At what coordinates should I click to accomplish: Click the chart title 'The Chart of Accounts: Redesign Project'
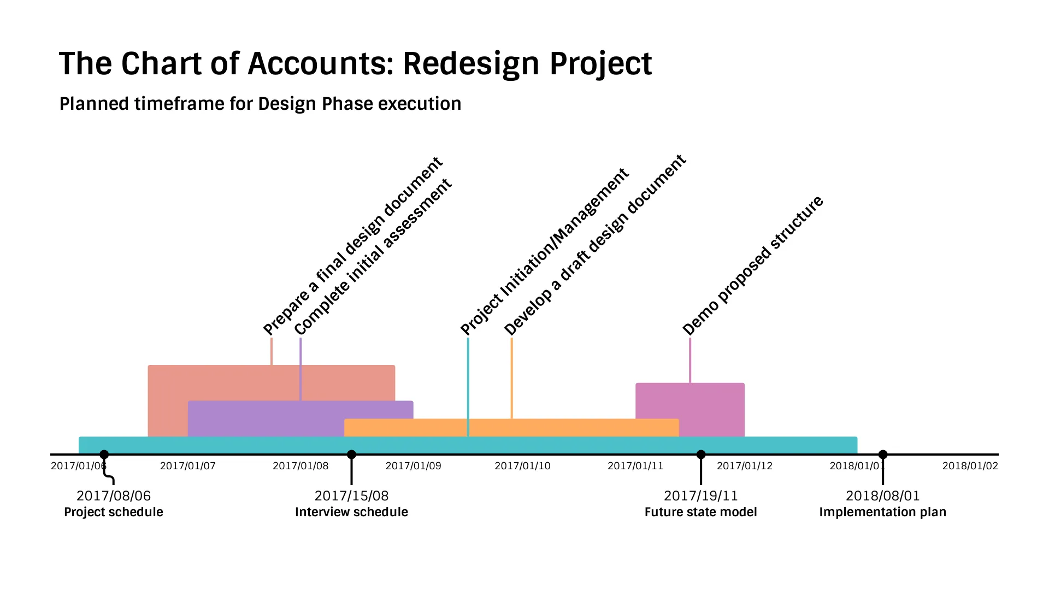coord(355,63)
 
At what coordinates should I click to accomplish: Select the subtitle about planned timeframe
coord(260,104)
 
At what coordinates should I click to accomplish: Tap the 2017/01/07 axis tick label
coord(188,466)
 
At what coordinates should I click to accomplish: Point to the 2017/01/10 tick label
coord(523,466)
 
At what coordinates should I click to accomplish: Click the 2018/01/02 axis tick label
coord(970,466)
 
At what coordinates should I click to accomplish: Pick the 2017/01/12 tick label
coord(745,466)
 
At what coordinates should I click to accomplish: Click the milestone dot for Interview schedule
coord(352,455)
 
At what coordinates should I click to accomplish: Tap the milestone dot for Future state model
coord(701,455)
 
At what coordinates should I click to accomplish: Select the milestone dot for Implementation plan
coord(883,455)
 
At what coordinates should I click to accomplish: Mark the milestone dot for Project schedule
coord(104,455)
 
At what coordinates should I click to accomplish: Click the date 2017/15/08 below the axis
coord(351,495)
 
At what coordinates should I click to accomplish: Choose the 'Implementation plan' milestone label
coord(882,512)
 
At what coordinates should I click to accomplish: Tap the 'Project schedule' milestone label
coord(114,512)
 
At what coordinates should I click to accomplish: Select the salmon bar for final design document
coord(272,382)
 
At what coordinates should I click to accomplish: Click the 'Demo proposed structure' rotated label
coord(752,265)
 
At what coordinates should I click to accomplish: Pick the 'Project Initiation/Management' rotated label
coord(544,252)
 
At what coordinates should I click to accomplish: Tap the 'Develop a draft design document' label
coord(594,245)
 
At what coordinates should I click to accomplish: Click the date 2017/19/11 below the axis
coord(701,495)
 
